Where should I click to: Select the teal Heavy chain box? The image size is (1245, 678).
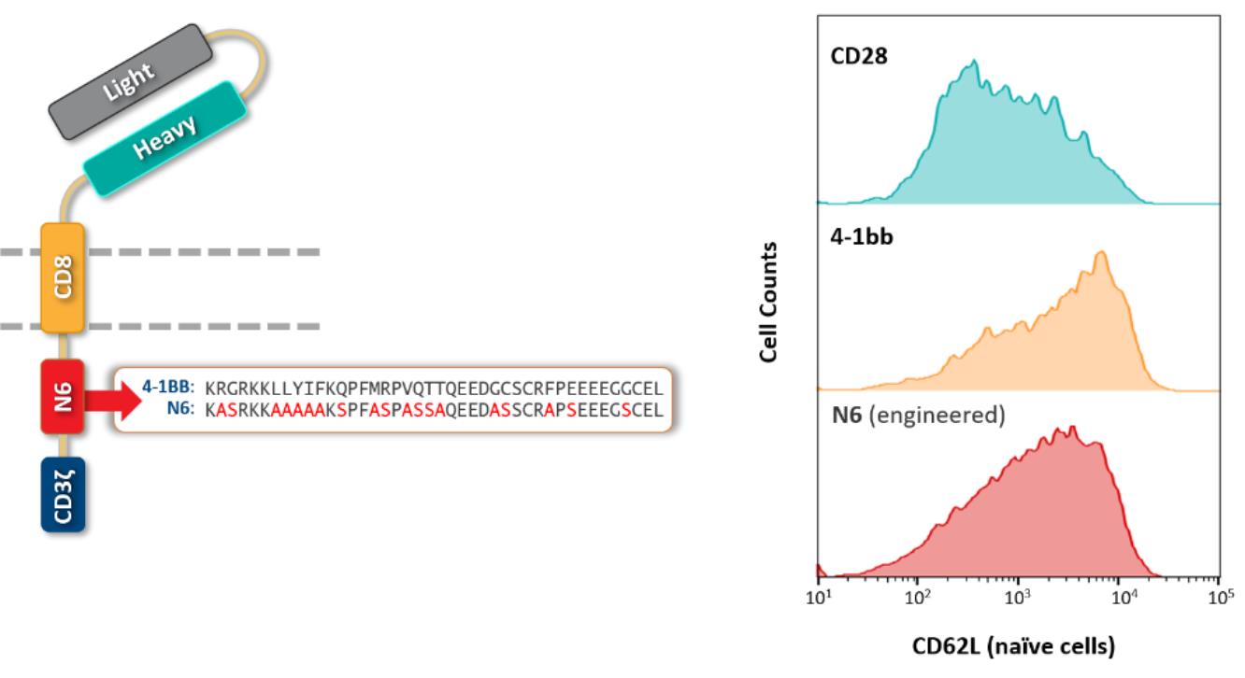coord(165,137)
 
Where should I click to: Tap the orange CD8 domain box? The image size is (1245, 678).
coord(63,277)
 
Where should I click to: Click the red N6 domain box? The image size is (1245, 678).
coord(63,396)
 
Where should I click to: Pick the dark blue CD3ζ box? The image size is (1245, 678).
coord(63,494)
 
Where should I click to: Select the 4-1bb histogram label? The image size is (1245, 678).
coord(862,236)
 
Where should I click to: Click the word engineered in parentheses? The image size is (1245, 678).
coord(951,415)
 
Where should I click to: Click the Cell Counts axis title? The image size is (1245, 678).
coord(769,303)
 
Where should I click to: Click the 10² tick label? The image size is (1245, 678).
coord(918,599)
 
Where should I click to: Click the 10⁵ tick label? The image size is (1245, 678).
coord(1219,599)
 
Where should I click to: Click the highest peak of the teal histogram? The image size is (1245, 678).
coord(974,62)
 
